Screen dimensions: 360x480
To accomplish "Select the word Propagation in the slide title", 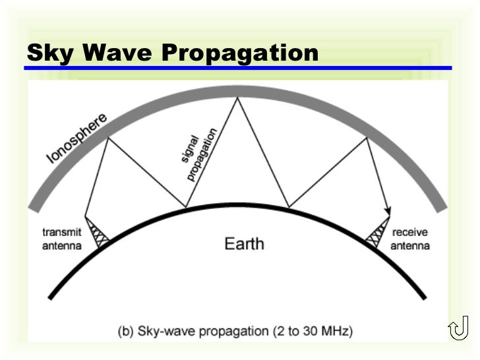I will click(240, 53).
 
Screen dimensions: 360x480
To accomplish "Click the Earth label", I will click(244, 243).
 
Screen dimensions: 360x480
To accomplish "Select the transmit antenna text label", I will click(61, 239).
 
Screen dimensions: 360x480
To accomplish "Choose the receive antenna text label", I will click(410, 239).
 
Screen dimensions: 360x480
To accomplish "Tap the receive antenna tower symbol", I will click(380, 232).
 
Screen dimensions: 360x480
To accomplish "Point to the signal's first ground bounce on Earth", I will click(186, 207).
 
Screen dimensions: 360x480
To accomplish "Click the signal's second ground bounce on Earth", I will click(287, 206).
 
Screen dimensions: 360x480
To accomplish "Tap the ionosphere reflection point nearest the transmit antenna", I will click(107, 136).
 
